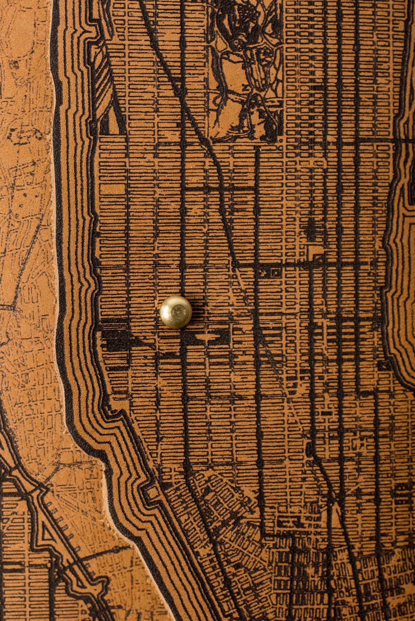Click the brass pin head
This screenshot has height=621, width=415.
[176, 312]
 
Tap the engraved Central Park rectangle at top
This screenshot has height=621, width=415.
[246, 70]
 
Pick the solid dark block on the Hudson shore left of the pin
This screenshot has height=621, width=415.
[114, 337]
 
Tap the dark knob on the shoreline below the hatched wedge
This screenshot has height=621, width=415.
[92, 124]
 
